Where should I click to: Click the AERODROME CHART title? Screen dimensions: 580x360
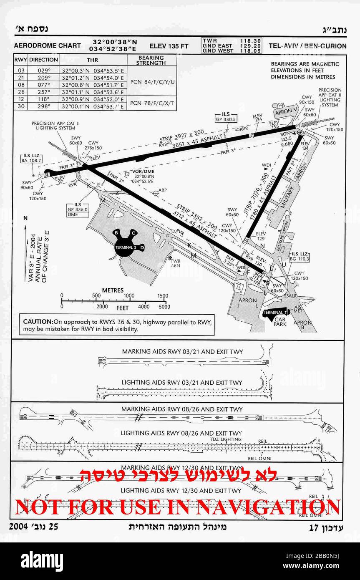[x=48, y=46]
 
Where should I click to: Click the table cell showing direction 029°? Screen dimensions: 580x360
[x=43, y=71]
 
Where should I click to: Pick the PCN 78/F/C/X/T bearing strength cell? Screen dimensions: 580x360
[x=151, y=103]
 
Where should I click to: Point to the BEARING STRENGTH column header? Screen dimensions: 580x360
[x=151, y=60]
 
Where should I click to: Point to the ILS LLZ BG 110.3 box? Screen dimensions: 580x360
[x=300, y=256]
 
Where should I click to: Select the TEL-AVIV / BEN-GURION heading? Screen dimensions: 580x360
[x=307, y=46]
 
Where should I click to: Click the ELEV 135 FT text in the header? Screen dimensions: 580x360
[x=169, y=46]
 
